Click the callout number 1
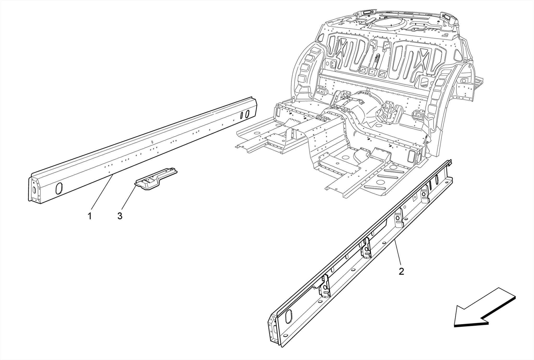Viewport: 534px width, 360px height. pos(90,216)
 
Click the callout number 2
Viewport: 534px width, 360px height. pos(401,271)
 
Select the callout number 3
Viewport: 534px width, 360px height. pos(120,216)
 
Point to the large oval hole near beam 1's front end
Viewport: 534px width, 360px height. pos(59,188)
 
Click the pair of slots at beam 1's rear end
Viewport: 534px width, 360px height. pos(62,115)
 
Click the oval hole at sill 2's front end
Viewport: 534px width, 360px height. pos(288,316)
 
